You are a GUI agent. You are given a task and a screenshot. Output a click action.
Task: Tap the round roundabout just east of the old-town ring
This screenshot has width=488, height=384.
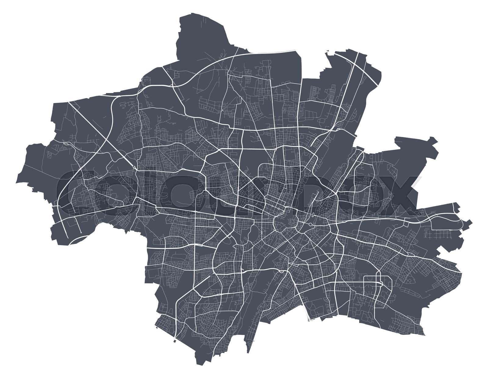coord(310,225)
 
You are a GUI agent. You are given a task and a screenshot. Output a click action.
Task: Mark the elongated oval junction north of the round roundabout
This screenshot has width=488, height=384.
coord(313,215)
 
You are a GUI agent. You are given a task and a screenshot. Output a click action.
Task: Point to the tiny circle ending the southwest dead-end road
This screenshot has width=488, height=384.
coord(81,232)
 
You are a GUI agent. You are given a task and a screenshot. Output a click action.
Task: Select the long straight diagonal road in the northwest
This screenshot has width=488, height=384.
coord(101,134)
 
